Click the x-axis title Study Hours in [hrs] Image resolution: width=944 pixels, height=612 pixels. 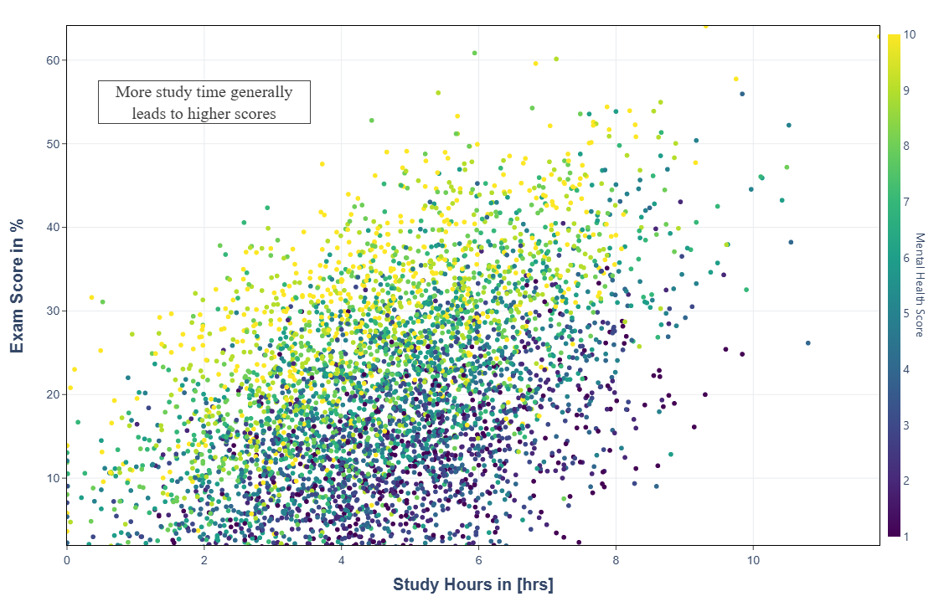point(472,584)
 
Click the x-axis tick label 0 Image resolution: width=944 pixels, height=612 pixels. point(67,558)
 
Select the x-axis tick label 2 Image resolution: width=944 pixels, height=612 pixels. point(204,558)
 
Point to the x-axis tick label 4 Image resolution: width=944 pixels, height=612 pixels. point(342,558)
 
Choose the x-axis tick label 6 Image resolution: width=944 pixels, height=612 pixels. point(478,558)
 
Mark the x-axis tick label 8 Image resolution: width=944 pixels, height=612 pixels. point(616,558)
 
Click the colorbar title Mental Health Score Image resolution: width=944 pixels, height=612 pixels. point(919,285)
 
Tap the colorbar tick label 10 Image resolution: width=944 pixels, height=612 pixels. point(910,34)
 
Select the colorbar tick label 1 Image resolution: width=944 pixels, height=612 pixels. point(906,537)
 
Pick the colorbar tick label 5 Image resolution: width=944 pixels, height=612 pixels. point(906,313)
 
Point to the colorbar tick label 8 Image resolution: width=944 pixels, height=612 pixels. point(906,146)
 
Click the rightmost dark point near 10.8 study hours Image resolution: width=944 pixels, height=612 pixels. point(807,343)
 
